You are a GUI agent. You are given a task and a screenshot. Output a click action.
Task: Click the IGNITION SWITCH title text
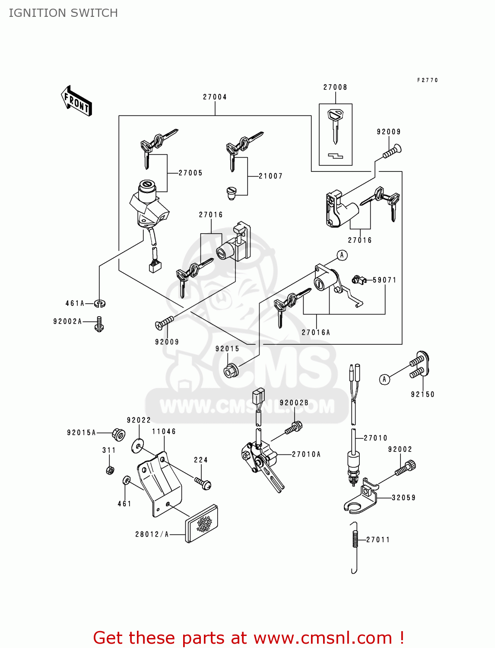[x=63, y=13]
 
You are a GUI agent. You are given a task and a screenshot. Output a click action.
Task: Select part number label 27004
[x=215, y=97]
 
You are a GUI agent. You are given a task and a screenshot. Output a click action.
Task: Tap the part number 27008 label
[x=335, y=87]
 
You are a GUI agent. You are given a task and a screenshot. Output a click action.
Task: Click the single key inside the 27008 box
[x=335, y=125]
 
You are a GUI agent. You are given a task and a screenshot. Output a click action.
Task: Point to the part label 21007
[x=270, y=176]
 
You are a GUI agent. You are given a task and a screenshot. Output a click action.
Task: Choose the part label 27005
[x=190, y=173]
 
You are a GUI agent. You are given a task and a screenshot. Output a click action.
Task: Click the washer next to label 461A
[x=100, y=304]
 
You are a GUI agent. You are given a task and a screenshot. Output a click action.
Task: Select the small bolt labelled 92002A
[x=99, y=324]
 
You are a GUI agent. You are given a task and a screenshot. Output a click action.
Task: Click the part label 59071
[x=384, y=280]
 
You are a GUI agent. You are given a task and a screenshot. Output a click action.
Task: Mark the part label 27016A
[x=316, y=332]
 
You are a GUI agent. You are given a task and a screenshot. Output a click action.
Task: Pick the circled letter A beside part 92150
[x=384, y=379]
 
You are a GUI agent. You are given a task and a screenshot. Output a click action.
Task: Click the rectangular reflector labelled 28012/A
[x=202, y=524]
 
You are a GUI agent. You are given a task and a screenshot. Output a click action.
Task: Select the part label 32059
[x=403, y=498]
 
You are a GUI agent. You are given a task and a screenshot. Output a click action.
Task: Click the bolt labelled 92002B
[x=293, y=429]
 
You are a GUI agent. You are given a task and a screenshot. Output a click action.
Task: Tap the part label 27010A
[x=306, y=454]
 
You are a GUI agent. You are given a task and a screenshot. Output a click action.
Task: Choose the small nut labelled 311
[x=110, y=470]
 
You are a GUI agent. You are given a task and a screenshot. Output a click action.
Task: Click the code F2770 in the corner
[x=427, y=80]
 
